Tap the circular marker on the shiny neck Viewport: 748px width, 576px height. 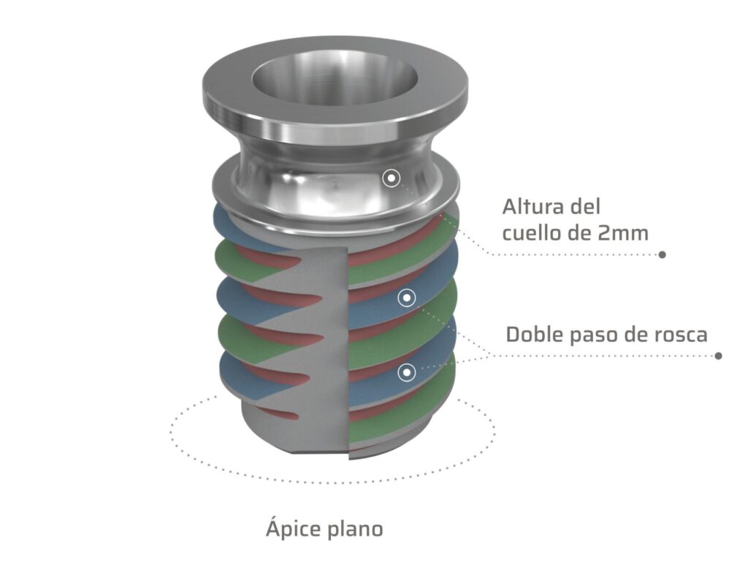pos(392,178)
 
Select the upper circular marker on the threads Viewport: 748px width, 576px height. pos(407,298)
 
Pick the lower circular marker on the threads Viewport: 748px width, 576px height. pos(406,372)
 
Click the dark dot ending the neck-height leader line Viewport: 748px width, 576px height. pos(662,254)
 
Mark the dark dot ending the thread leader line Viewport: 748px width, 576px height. pos(718,356)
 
